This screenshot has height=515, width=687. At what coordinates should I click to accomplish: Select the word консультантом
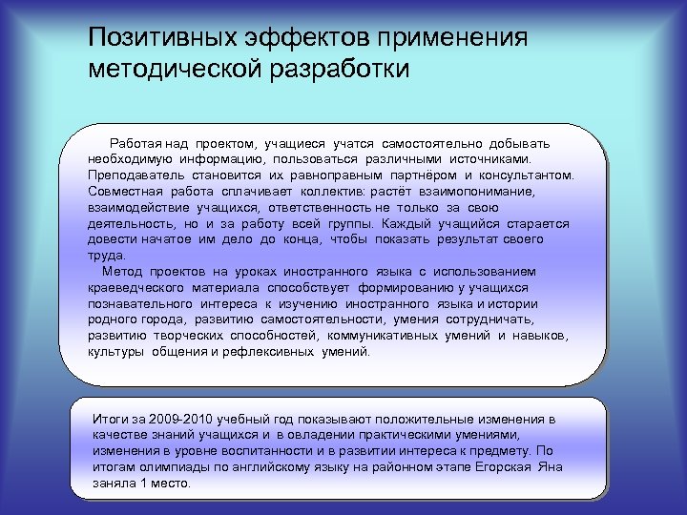pyautogui.click(x=530, y=175)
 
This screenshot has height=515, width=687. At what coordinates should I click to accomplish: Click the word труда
pyautogui.click(x=106, y=255)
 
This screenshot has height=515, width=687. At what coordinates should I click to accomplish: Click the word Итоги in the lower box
pyautogui.click(x=110, y=419)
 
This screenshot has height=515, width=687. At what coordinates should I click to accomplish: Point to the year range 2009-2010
pyautogui.click(x=180, y=419)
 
